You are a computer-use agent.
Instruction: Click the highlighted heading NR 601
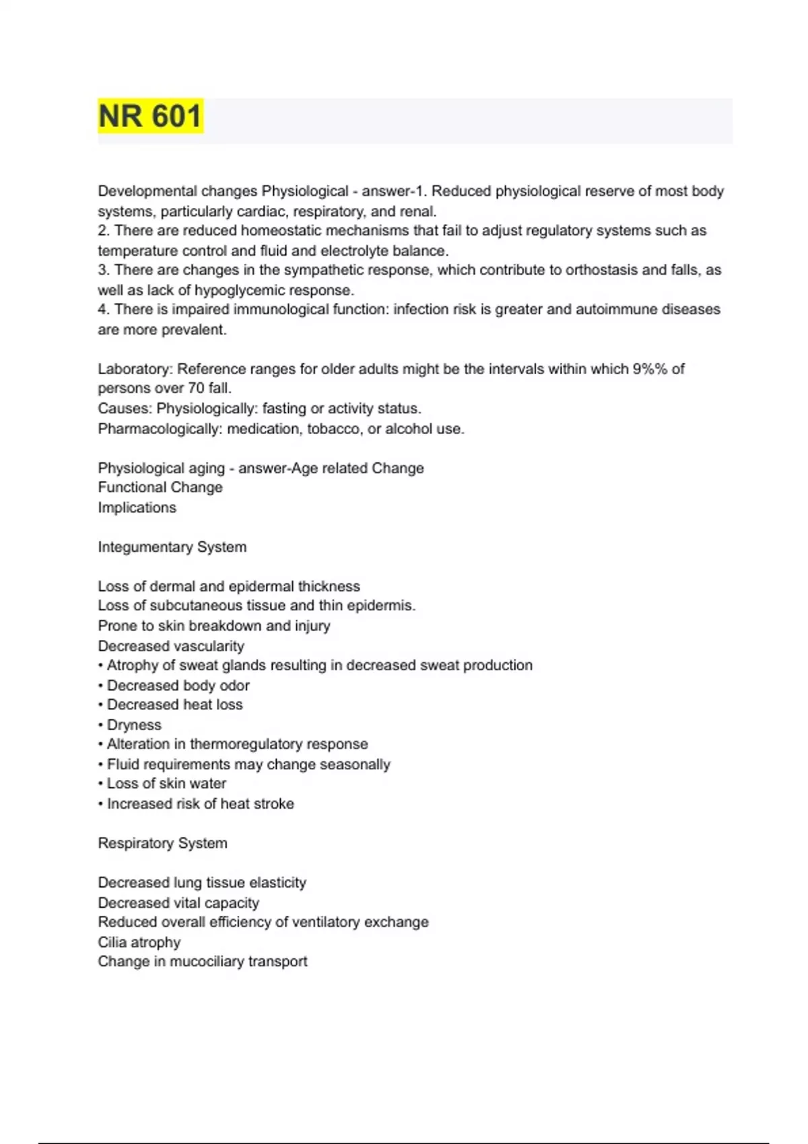pyautogui.click(x=150, y=116)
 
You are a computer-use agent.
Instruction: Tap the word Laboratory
pyautogui.click(x=135, y=369)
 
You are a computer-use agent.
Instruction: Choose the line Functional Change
pyautogui.click(x=160, y=487)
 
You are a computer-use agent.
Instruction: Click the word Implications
pyautogui.click(x=137, y=507)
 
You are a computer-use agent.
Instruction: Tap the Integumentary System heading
pyautogui.click(x=172, y=547)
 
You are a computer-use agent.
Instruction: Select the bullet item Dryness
pyautogui.click(x=134, y=725)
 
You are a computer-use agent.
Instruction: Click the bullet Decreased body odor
pyautogui.click(x=178, y=686)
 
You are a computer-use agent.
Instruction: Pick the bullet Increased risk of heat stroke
pyautogui.click(x=200, y=803)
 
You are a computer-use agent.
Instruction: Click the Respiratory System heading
pyautogui.click(x=162, y=843)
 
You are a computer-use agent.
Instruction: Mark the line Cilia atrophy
pyautogui.click(x=139, y=942)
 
